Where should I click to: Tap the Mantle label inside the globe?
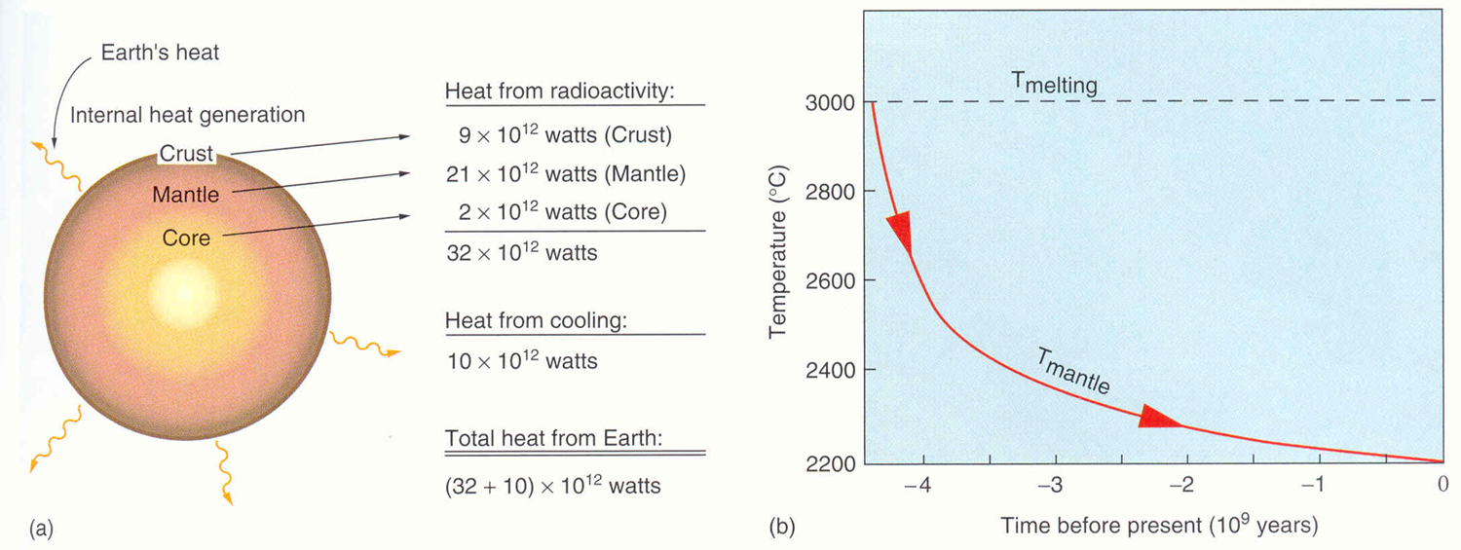point(185,195)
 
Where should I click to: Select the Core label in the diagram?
point(186,237)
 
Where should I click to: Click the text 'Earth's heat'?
point(161,53)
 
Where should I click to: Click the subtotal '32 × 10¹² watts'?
point(521,253)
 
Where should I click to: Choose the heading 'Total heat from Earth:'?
point(553,439)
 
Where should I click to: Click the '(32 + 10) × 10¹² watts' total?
point(552,485)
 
